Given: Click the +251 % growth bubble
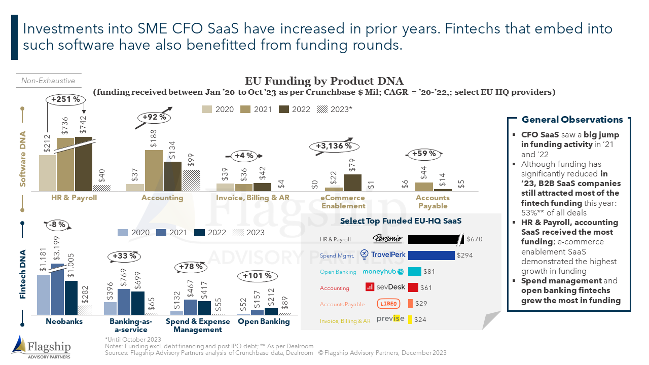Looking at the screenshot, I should tap(65, 99).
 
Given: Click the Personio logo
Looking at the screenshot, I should tap(387, 239).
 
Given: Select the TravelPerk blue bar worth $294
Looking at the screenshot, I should tap(431, 255).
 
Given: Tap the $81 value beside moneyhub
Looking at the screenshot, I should tap(429, 272).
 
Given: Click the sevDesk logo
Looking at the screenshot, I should tap(384, 287).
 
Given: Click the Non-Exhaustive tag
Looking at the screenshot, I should tap(48, 81).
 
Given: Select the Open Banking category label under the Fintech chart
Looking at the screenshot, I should tap(264, 321).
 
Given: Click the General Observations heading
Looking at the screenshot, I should tap(572, 120).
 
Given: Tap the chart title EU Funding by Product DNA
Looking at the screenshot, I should tap(324, 81).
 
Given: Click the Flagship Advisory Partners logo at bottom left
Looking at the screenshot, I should tap(42, 347).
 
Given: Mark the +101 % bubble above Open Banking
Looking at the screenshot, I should tap(258, 276).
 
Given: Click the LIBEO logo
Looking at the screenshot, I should tap(389, 304).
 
